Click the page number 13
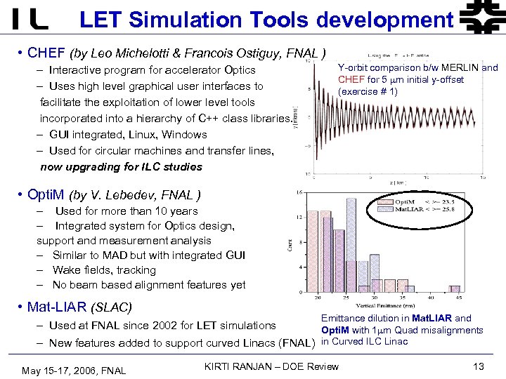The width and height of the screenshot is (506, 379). pyautogui.click(x=479, y=367)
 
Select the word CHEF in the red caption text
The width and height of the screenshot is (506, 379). pyautogui.click(x=351, y=80)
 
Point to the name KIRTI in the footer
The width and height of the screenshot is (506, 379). pyautogui.click(x=219, y=367)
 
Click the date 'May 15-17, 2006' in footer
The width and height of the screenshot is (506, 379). pyautogui.click(x=60, y=371)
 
